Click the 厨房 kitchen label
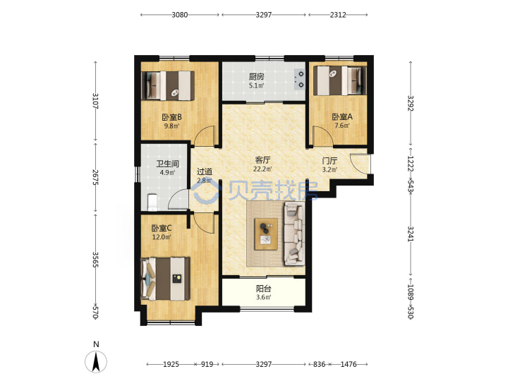(256, 77)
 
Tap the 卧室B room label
(171, 116)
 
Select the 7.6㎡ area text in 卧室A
(342, 126)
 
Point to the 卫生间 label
(167, 164)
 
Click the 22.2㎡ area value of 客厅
(262, 169)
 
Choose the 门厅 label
(329, 161)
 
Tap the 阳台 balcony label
(263, 289)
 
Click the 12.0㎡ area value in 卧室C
(162, 237)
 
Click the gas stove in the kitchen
(300, 79)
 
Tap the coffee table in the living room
(266, 234)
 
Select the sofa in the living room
(294, 233)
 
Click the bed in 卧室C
(165, 279)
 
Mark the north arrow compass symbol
(96, 361)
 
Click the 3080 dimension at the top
(180, 15)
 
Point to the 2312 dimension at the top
(338, 15)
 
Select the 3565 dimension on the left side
(95, 260)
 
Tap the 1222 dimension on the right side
(411, 164)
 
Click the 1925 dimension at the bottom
(171, 364)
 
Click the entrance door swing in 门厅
(359, 164)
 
